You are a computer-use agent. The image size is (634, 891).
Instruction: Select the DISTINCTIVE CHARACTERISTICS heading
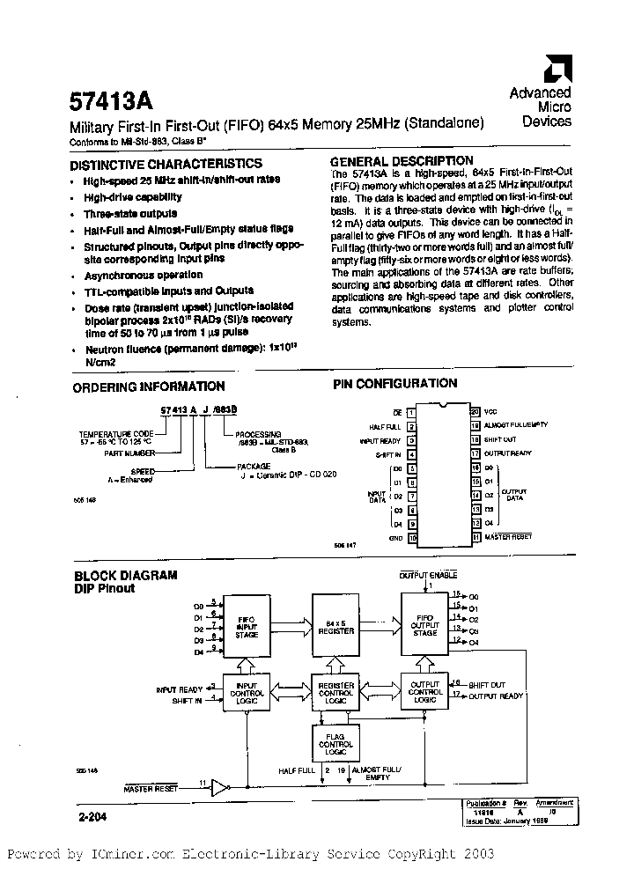tap(166, 164)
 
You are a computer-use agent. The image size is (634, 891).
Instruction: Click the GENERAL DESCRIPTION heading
tap(401, 161)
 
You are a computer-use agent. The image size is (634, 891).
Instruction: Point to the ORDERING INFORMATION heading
tap(148, 387)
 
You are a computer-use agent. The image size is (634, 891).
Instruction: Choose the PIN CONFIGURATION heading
tap(394, 384)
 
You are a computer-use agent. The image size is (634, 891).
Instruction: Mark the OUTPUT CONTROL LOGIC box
tap(424, 691)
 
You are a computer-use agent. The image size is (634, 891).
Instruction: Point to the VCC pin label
tap(490, 411)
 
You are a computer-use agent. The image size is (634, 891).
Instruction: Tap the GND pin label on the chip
tap(396, 537)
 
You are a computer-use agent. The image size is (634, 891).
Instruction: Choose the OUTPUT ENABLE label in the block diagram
tap(428, 575)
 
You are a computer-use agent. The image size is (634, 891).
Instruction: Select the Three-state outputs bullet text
tap(130, 214)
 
